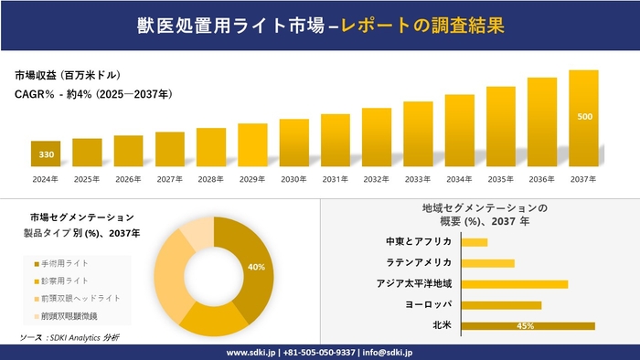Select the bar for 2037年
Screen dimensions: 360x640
583,119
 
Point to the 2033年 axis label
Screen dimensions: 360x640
418,178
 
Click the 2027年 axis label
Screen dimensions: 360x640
170,178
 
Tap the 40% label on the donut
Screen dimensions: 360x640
256,267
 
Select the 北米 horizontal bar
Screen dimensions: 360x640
528,325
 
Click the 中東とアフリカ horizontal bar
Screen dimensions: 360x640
475,242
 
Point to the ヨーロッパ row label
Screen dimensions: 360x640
427,304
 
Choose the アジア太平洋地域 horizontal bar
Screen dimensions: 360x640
515,283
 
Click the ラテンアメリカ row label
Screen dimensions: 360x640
420,263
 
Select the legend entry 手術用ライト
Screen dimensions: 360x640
63,263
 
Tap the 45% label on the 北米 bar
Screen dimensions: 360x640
525,325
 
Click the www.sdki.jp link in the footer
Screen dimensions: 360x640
252,352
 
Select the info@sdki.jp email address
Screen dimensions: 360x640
388,352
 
